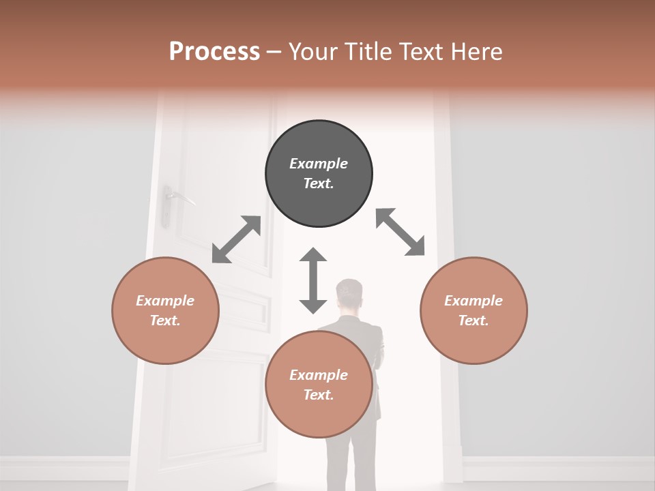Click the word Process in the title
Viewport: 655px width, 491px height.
(214, 52)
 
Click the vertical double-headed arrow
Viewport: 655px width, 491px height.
(313, 280)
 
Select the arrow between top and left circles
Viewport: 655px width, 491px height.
(236, 239)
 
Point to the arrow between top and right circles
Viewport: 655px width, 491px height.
(401, 232)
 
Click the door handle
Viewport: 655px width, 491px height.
(179, 197)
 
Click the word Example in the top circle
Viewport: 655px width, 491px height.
(319, 164)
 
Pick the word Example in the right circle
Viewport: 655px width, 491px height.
(474, 301)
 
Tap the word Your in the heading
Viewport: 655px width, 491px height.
(311, 52)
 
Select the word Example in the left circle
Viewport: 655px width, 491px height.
(165, 301)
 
